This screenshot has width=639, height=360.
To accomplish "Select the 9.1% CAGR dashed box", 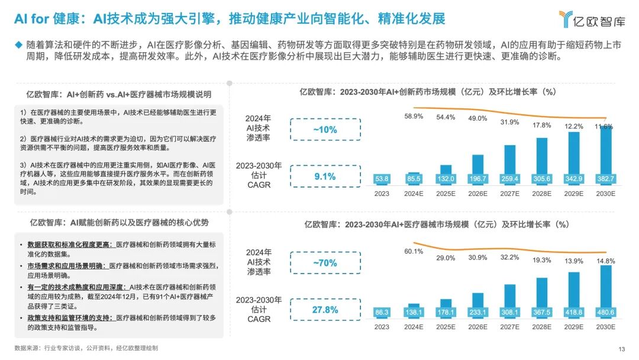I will click(325, 176).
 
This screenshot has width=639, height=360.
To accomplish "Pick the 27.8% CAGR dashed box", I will click(325, 310).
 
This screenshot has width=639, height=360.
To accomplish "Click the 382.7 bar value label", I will click(605, 178).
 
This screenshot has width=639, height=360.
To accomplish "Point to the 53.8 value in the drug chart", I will click(382, 178).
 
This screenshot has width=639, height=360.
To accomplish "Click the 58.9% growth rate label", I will click(414, 117).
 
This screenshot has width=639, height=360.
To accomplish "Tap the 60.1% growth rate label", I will click(414, 252).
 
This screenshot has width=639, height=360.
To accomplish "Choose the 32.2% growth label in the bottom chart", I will click(509, 258).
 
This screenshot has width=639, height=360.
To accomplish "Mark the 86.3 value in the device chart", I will click(382, 312).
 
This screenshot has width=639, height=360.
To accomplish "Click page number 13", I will click(621, 349).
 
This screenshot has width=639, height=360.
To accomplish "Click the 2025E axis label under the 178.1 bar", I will click(446, 327).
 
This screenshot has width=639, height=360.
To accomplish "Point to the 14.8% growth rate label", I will click(606, 261).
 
